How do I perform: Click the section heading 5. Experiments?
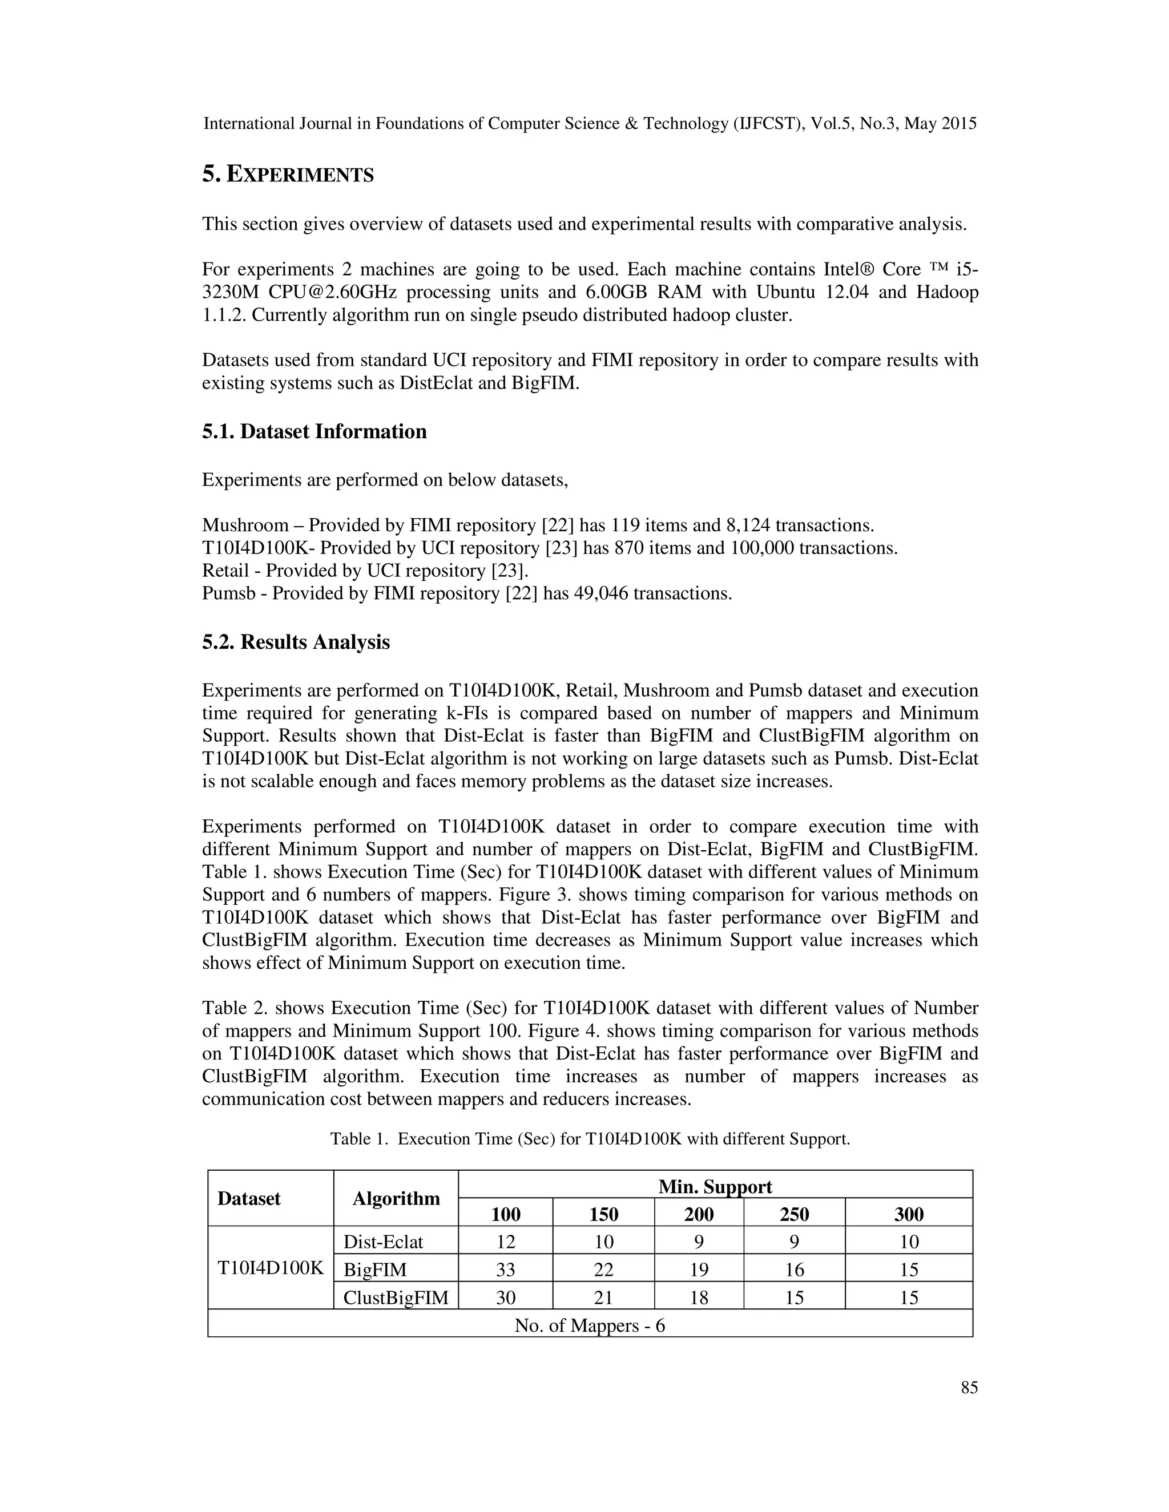(288, 175)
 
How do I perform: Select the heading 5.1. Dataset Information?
(314, 431)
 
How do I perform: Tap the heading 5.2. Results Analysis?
(296, 642)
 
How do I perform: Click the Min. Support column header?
(715, 1187)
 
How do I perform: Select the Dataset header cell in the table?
(249, 1199)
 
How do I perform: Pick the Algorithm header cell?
(396, 1199)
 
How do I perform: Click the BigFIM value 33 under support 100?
(506, 1270)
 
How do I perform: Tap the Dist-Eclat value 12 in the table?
(506, 1242)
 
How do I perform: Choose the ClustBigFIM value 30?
(506, 1297)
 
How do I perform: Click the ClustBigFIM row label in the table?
(396, 1297)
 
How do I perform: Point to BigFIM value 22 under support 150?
(603, 1270)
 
